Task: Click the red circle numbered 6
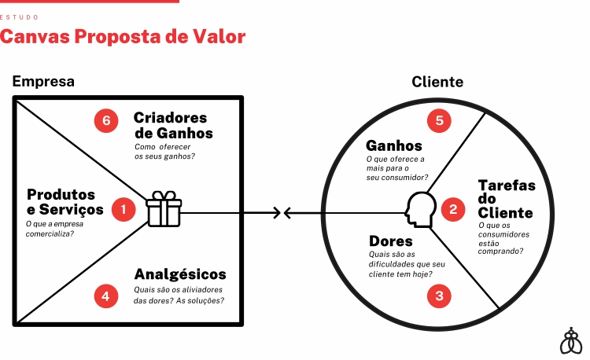pos(105,120)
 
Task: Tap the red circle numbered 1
pos(124,209)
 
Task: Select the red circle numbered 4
pos(105,296)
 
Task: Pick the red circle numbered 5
pos(440,120)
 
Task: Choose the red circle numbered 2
pos(453,209)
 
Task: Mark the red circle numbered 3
pos(440,296)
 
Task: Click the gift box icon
pos(164,209)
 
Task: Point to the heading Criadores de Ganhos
pos(172,125)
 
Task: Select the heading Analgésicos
pos(180,274)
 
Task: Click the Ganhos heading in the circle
pos(394,145)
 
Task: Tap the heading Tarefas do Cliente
pos(506,199)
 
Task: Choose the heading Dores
pos(391,241)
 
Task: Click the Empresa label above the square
pos(43,81)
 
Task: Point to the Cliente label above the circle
pos(437,81)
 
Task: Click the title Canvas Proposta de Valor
pos(123,36)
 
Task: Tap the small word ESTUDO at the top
pos(20,17)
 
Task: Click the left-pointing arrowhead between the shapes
pos(288,212)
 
